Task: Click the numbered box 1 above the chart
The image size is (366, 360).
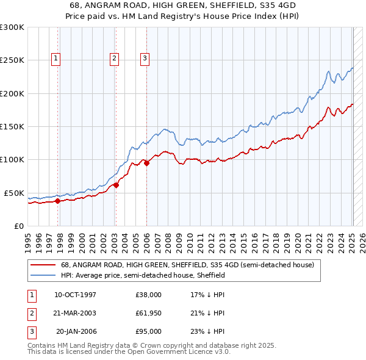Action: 56,59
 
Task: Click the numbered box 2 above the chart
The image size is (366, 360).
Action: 114,59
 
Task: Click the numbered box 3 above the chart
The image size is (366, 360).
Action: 145,59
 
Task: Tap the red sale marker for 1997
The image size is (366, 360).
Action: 57,200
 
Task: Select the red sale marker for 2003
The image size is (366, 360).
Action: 116,185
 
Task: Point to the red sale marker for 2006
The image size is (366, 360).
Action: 146,163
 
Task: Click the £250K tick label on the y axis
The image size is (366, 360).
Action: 12,60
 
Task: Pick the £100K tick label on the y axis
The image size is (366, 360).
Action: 12,159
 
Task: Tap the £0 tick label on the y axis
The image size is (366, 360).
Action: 18,226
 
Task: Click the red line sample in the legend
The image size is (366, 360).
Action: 43,265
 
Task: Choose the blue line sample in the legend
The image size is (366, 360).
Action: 43,276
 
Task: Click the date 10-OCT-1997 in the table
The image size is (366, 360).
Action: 75,295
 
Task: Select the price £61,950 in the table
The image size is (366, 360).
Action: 148,313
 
